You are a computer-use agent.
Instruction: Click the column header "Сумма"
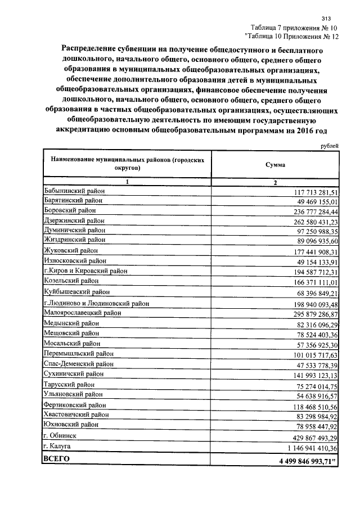275,165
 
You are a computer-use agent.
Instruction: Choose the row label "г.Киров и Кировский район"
85,271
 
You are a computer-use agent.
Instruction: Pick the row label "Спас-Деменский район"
78,364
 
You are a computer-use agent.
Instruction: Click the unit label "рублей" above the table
329,146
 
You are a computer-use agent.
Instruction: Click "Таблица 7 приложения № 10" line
294,28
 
